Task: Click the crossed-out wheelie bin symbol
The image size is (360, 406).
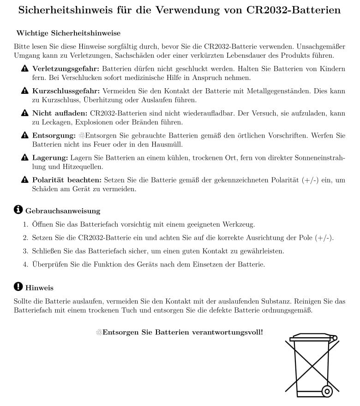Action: [x=312, y=365]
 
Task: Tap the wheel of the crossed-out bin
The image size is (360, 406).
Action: [x=327, y=392]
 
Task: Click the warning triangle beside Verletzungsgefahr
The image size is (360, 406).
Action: [x=25, y=69]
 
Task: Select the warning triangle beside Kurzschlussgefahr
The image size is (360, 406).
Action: [x=25, y=91]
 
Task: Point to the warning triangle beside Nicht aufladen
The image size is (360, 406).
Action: [x=25, y=113]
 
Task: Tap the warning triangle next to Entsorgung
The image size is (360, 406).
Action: [x=25, y=135]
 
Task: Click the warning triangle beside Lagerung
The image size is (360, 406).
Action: [x=25, y=158]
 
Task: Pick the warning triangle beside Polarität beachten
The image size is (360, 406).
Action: [x=25, y=180]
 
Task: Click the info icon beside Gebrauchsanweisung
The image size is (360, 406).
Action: [x=18, y=210]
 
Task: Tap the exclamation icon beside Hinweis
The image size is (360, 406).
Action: [x=18, y=287]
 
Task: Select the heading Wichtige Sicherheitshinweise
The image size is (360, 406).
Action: [x=68, y=33]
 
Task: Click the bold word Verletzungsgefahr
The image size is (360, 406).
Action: [x=66, y=69]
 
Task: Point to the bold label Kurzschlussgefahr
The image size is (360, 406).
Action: [x=66, y=91]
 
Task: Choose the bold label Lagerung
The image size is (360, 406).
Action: [x=50, y=158]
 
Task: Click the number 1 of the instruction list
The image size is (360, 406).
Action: [x=26, y=224]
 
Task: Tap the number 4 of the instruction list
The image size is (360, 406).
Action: [x=26, y=265]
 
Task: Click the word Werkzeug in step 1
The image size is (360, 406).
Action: [x=239, y=224]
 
